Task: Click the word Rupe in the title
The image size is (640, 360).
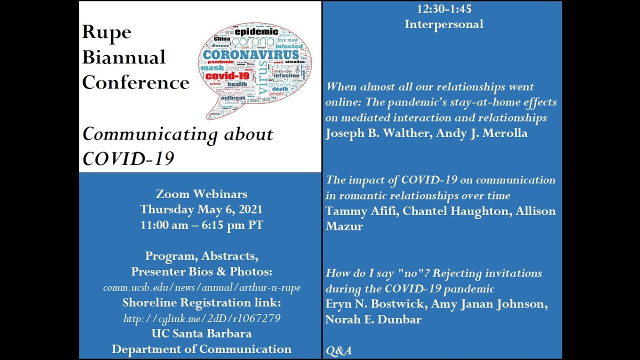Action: pyautogui.click(x=106, y=32)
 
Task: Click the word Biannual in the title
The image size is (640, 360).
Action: pyautogui.click(x=123, y=57)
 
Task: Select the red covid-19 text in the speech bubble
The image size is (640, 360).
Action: pyautogui.click(x=227, y=76)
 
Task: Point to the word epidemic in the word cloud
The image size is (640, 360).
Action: pyautogui.click(x=256, y=32)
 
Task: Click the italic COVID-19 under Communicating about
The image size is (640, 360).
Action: pyautogui.click(x=128, y=158)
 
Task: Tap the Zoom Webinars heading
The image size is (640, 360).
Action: pyautogui.click(x=201, y=194)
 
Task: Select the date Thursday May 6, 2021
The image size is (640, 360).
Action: pyautogui.click(x=201, y=209)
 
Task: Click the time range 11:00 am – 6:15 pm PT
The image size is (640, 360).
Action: pyautogui.click(x=201, y=225)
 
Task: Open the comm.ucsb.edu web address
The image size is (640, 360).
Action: pyautogui.click(x=201, y=288)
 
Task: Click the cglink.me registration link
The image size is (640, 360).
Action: pyautogui.click(x=201, y=318)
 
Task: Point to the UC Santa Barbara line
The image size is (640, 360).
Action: pyautogui.click(x=201, y=333)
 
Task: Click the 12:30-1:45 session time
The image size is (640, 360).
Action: pyautogui.click(x=444, y=9)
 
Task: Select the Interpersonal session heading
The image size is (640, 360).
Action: pyautogui.click(x=444, y=24)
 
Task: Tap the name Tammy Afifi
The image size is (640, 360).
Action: pyautogui.click(x=361, y=211)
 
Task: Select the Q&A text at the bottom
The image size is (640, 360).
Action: pyautogui.click(x=338, y=351)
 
